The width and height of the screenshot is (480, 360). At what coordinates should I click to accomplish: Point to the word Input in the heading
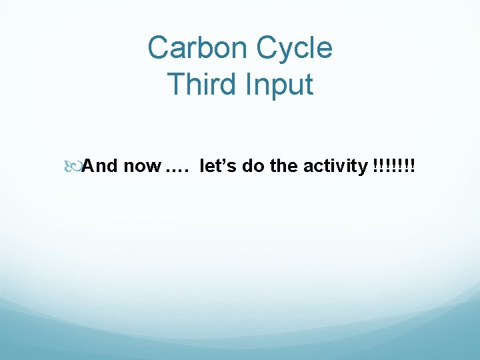pos(281,85)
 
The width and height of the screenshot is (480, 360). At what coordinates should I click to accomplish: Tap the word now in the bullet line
pos(141,166)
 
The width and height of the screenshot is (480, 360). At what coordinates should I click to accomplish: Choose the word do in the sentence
pos(253,166)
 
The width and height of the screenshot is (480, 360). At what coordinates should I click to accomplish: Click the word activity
pos(333,166)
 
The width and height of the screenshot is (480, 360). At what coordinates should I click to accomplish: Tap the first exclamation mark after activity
pos(370,166)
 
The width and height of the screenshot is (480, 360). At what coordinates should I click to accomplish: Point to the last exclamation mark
pos(411,166)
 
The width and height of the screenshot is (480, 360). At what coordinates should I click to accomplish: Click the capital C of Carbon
pos(158,48)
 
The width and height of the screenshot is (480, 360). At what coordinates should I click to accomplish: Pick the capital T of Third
pos(175,85)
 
